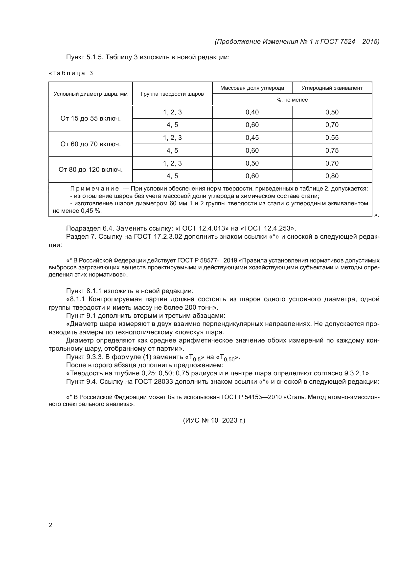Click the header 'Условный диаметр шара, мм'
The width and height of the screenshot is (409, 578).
tap(91, 94)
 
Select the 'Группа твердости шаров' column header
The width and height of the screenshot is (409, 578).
tap(172, 94)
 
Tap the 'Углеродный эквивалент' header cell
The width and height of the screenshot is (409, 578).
tap(332, 88)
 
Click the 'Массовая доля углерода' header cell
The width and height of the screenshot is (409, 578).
tap(252, 88)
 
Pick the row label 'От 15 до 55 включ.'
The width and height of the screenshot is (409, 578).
tap(91, 118)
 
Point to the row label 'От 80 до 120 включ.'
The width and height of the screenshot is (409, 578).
tap(91, 170)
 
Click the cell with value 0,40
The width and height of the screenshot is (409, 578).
tap(252, 112)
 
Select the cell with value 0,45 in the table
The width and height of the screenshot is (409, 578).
tap(252, 138)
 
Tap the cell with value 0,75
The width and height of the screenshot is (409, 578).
tap(332, 150)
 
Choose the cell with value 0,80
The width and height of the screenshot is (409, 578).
tap(332, 176)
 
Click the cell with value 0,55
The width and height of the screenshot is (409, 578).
tap(332, 138)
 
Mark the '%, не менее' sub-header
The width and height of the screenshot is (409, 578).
tap(292, 100)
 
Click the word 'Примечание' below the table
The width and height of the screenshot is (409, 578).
tap(94, 189)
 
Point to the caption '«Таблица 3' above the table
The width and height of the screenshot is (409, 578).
tap(71, 73)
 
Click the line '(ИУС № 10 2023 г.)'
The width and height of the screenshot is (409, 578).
tap(214, 420)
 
